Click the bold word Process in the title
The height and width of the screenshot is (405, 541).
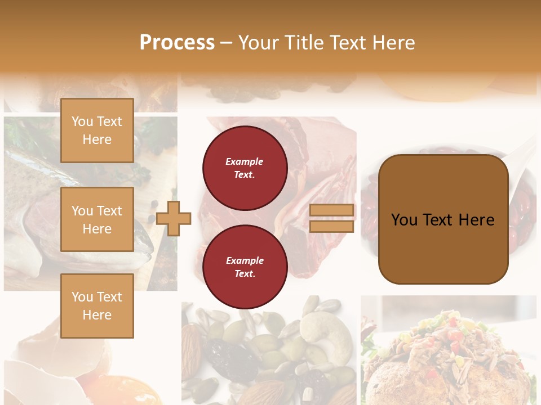(x=177, y=43)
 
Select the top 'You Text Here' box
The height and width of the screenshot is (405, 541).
(x=97, y=130)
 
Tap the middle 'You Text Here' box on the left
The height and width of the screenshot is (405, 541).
(x=97, y=219)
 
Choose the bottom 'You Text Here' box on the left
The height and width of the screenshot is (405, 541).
(x=97, y=306)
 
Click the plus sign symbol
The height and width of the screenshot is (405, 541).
(x=174, y=218)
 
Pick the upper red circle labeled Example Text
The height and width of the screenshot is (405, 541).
(x=245, y=168)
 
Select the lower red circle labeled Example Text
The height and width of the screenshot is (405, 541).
(x=245, y=267)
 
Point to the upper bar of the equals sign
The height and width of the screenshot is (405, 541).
(x=331, y=210)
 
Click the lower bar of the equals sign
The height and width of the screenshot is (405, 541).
(x=331, y=226)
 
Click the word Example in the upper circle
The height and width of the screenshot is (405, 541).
(x=245, y=162)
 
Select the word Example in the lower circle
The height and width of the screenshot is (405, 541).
(x=245, y=261)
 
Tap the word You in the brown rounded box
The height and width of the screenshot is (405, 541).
(x=404, y=220)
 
